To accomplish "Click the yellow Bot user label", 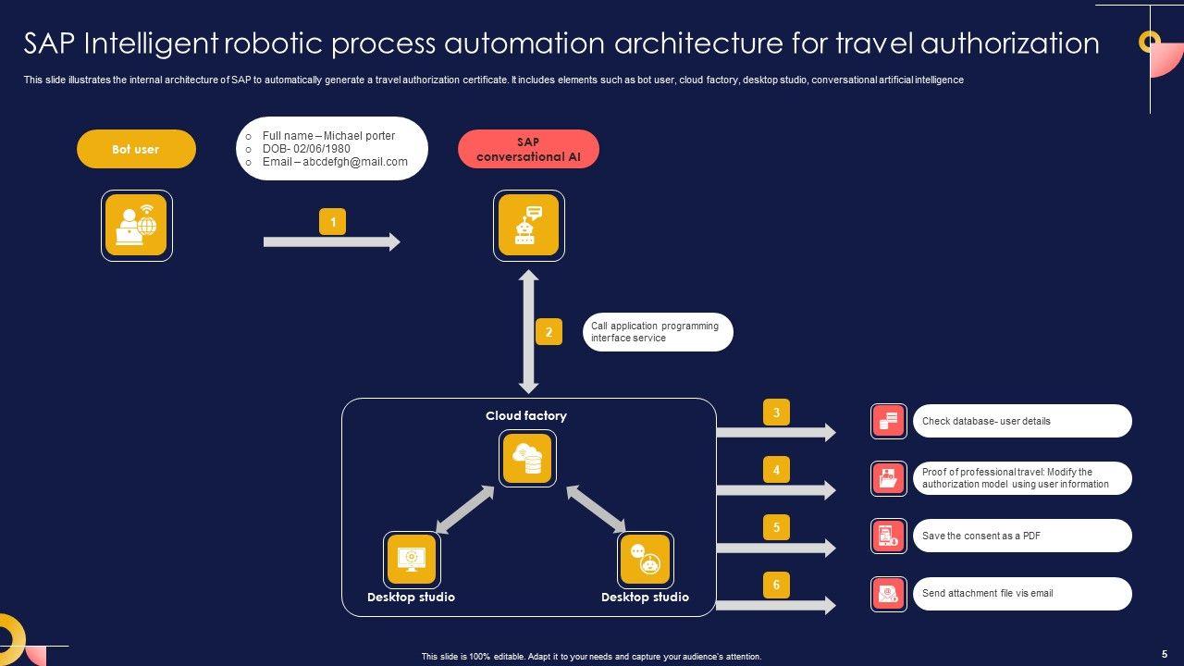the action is point(136,149).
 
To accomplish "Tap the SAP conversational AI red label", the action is point(528,149).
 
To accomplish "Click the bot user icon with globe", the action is point(136,225).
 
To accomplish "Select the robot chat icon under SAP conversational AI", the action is point(528,225).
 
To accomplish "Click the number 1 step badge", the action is point(332,221).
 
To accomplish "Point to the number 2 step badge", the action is point(549,332).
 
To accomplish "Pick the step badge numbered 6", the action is point(776,585).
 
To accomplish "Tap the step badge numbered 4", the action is point(776,469).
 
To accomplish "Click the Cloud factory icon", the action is point(527,458).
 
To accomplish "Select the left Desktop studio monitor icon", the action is point(412,560).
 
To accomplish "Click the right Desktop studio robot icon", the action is point(646,560).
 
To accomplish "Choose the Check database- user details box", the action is point(1022,421).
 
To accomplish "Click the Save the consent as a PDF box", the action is point(1022,536).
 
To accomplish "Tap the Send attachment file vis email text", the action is point(987,593).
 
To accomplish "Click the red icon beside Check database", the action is point(889,421).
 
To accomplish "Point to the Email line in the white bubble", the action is point(335,162).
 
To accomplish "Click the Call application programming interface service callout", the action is point(658,332).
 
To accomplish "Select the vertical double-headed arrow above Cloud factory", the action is point(528,332).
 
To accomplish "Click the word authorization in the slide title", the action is point(1009,43).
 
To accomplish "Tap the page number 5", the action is point(1165,654).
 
